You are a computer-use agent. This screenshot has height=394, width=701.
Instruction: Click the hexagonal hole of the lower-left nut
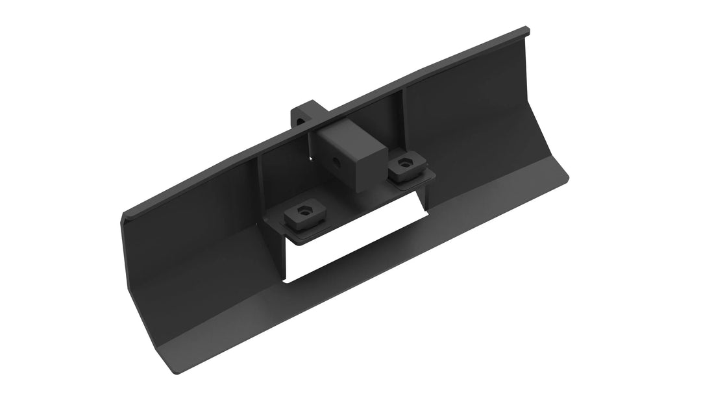pyautogui.click(x=303, y=210)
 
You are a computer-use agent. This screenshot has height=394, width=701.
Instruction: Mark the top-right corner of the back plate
pyautogui.click(x=527, y=29)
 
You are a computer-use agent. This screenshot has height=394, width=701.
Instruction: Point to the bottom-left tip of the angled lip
pyautogui.click(x=173, y=371)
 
